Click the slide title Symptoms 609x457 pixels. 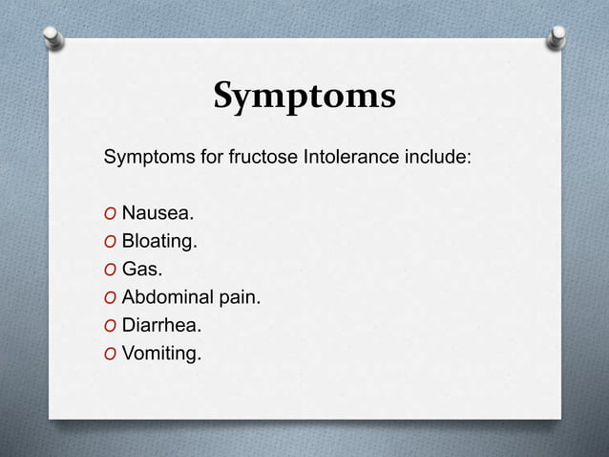point(304,96)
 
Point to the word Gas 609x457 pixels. point(141,270)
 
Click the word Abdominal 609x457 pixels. point(169,298)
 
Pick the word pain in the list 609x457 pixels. point(239,299)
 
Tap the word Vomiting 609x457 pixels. point(161,356)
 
